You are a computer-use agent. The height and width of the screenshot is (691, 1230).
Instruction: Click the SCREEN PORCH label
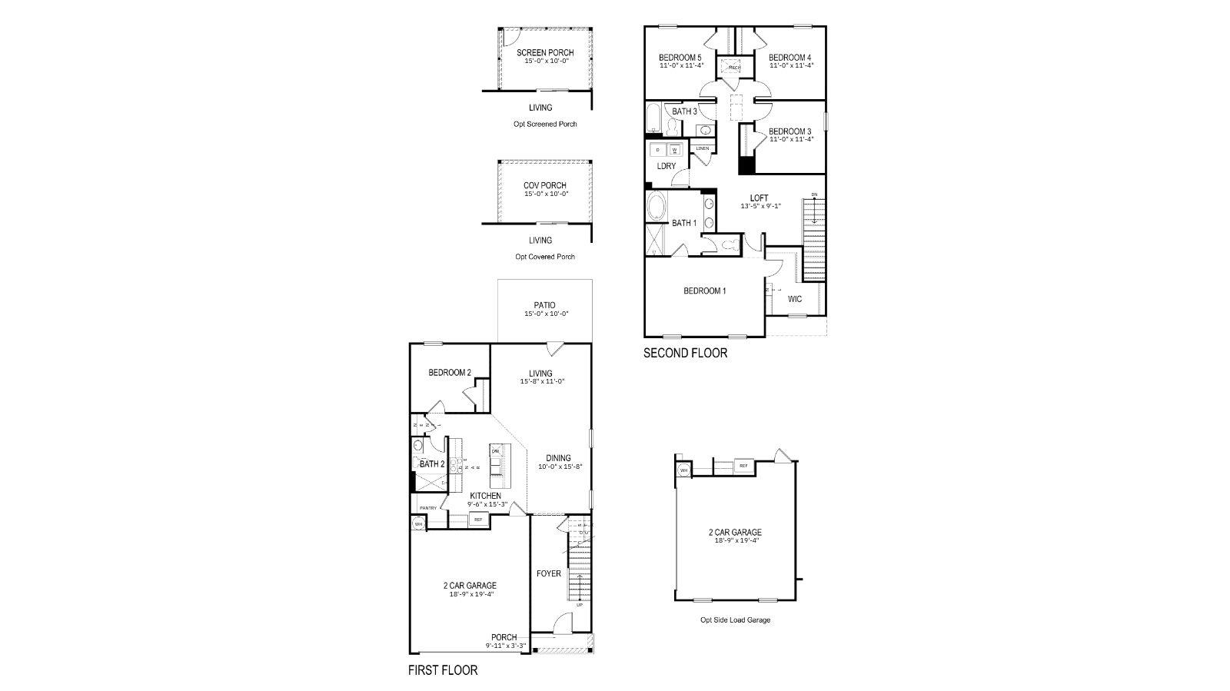coord(544,52)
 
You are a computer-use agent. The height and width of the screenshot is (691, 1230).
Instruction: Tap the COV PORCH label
coord(544,185)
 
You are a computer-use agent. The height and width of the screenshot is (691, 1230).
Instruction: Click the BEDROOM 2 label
coord(449,373)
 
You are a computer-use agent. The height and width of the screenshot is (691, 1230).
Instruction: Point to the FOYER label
coord(548,573)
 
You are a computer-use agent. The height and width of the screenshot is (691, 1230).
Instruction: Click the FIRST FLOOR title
coord(442,670)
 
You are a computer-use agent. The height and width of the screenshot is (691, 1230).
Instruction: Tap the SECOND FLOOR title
coord(685,354)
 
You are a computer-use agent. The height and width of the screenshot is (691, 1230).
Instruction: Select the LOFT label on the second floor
coord(759,198)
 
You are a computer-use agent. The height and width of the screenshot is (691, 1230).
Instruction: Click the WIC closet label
coord(795,299)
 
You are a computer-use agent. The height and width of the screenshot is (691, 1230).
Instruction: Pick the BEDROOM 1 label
coord(704,291)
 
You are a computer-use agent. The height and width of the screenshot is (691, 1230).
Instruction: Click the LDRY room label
coord(666,166)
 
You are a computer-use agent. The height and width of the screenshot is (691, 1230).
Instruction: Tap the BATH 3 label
coord(684,111)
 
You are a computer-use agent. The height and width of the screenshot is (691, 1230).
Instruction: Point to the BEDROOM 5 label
coord(680,58)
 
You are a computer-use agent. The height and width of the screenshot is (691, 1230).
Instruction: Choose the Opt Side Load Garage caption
coord(735,620)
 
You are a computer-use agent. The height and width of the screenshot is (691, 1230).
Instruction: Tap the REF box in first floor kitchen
coord(477,520)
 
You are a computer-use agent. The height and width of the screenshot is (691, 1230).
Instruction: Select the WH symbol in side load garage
coord(683,470)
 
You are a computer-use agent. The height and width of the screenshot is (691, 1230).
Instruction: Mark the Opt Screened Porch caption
coord(544,124)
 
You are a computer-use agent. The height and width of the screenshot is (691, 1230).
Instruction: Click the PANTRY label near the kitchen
coord(427,508)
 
